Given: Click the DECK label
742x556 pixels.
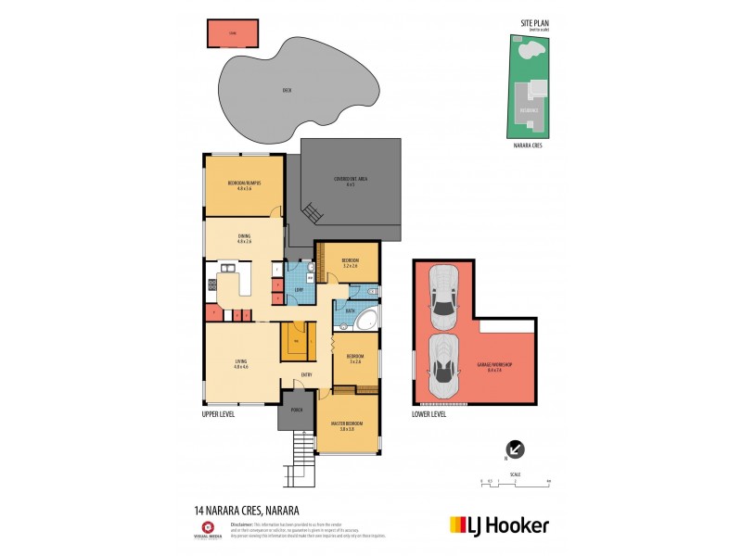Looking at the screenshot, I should pos(287,90).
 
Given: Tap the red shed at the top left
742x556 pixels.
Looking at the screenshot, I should pos(233,32).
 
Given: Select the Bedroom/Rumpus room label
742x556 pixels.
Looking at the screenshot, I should pos(244,185).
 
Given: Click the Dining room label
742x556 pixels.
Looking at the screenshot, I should pos(244,238).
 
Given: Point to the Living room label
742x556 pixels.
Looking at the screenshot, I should pos(242,366).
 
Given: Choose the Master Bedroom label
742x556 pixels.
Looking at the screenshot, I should pos(348,427).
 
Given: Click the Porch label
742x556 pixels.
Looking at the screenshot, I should pos(298,410).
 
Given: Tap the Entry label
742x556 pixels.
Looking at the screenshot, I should pos(306,374).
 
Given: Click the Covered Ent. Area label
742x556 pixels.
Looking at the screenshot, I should pos(352,182).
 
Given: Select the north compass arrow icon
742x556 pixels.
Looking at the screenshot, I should pos(516,449).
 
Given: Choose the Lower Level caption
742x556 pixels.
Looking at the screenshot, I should pos(429,414).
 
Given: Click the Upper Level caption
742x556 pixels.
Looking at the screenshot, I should pos(218,414).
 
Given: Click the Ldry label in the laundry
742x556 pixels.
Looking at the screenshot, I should pos(299,291).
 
